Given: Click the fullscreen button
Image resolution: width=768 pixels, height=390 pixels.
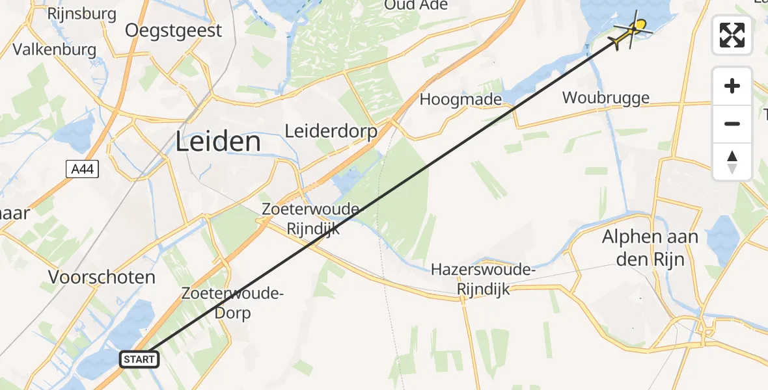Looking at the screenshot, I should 732,35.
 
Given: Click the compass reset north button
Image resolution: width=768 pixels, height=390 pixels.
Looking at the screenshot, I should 732,162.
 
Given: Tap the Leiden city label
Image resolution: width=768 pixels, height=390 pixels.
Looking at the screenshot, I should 218,142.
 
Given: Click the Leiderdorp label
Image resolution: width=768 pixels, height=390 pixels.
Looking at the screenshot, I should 331,131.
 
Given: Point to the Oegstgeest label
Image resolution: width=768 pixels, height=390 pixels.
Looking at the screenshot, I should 173,31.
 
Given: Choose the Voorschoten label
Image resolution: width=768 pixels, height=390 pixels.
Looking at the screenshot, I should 102,278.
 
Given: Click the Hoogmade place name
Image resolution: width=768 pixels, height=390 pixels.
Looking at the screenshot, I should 461,99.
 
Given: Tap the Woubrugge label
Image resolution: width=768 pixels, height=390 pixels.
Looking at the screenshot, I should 606,98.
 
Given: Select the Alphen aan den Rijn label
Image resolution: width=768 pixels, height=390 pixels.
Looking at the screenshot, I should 650,248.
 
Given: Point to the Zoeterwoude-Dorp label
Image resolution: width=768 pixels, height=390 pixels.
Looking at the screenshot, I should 234,303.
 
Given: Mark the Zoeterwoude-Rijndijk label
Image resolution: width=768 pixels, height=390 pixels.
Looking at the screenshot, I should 310,219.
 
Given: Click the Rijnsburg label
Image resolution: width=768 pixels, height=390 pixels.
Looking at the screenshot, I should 82,13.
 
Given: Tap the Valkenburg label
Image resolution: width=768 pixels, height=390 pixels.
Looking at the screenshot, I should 55,49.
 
